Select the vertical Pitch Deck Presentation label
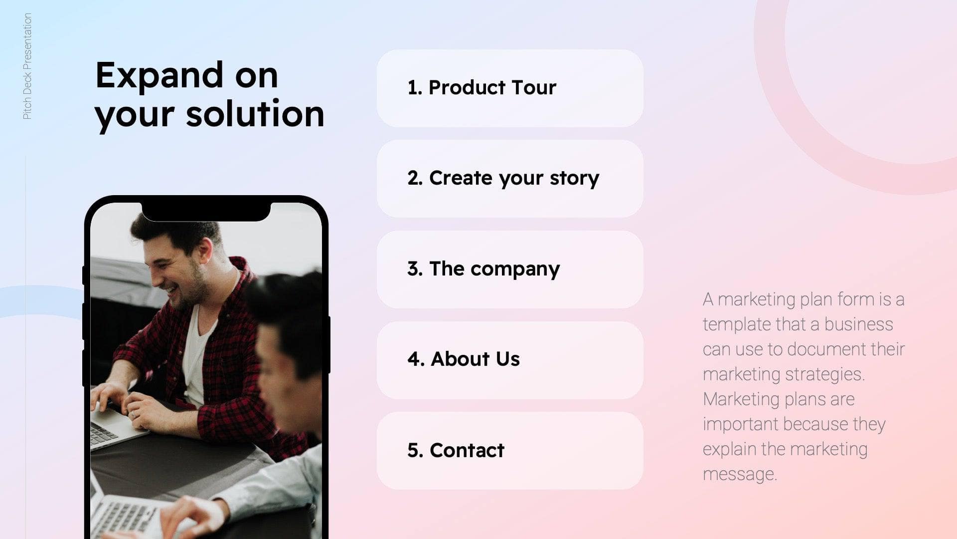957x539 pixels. coord(27,66)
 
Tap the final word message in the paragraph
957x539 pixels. coord(740,474)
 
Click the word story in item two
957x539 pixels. coord(574,178)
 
